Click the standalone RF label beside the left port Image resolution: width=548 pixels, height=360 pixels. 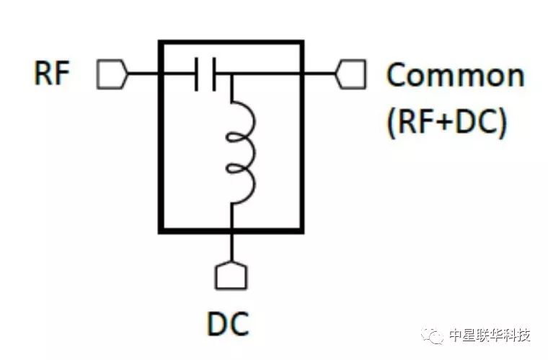tap(52, 74)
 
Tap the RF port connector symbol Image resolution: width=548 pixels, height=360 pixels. tap(112, 74)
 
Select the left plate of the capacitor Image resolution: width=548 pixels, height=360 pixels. tap(196, 74)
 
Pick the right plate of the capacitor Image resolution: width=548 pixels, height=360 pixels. tap(214, 74)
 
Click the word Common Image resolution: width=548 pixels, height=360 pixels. tap(455, 75)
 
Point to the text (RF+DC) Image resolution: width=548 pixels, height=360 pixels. tap(447, 123)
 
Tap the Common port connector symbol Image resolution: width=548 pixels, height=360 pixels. tap(352, 74)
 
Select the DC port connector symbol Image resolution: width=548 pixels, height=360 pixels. tap(231, 275)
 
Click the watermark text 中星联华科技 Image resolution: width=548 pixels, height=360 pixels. tap(490, 335)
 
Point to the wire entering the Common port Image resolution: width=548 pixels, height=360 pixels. tap(321, 74)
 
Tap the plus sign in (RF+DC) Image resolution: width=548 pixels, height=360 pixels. tap(442, 123)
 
